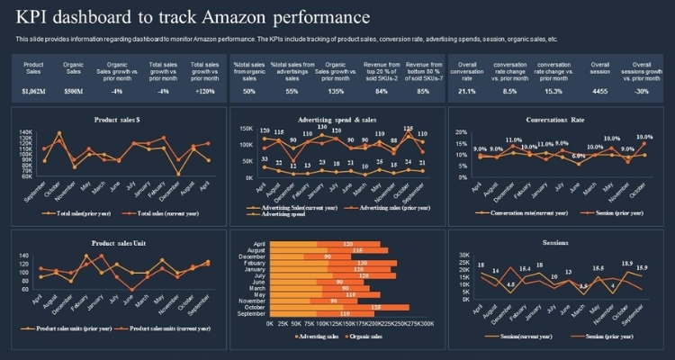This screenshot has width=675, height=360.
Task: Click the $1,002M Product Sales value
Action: [33, 91]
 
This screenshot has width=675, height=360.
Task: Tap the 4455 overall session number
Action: [599, 91]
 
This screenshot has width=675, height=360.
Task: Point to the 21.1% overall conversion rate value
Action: [467, 91]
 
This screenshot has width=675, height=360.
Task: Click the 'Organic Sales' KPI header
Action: [74, 68]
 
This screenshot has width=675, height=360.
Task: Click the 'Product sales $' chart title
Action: [116, 120]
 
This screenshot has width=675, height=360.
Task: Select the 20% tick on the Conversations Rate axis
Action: [459, 131]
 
